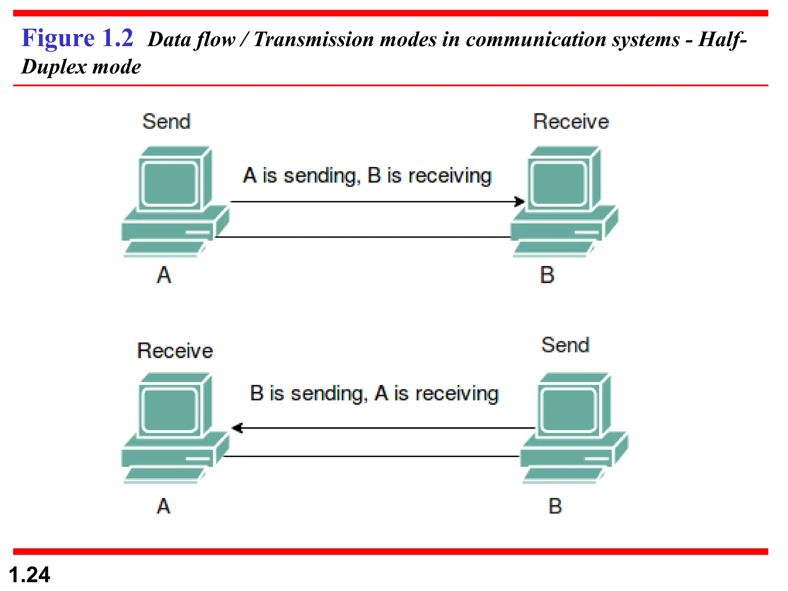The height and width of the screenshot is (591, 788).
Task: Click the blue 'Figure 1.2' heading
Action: point(77,38)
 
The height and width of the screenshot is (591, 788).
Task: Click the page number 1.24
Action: point(29,575)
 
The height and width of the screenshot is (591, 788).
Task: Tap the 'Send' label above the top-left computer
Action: point(166,122)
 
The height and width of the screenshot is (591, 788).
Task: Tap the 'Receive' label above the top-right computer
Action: point(571,122)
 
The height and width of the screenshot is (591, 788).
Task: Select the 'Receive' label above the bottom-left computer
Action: point(175,351)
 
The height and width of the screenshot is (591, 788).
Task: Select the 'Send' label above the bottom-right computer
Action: point(565,345)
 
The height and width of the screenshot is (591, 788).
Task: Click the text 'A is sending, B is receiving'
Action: point(367,175)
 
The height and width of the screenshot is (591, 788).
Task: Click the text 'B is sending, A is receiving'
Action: point(374,393)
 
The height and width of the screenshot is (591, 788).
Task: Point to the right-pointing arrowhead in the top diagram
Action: point(520,201)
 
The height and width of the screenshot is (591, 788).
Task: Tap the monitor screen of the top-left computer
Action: point(170,183)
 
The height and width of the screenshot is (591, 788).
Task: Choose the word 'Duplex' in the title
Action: point(54,67)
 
